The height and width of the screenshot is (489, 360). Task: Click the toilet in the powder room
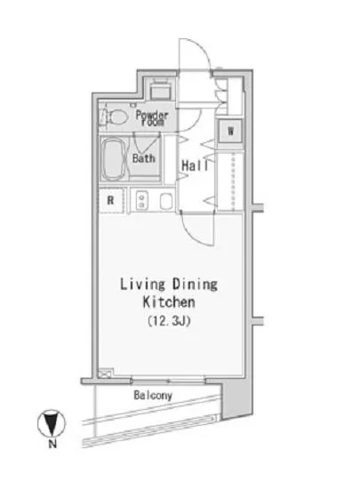tap(115, 117)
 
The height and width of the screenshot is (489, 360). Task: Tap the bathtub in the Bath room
tap(114, 159)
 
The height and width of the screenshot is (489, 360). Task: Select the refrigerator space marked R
tap(111, 201)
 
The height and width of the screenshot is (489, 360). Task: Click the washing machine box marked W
tap(230, 131)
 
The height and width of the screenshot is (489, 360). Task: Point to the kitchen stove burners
tap(142, 201)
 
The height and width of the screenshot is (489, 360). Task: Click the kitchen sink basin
tap(166, 201)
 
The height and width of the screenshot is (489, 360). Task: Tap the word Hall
tap(195, 165)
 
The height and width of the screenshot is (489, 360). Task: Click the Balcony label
tap(153, 395)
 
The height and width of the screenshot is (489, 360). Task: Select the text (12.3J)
tap(169, 321)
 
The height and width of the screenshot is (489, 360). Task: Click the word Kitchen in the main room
tap(169, 302)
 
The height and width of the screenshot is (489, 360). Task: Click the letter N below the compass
tap(52, 444)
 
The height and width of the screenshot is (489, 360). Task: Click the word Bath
tap(144, 158)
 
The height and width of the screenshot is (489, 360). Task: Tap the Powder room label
tap(152, 118)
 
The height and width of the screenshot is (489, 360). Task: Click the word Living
tap(142, 285)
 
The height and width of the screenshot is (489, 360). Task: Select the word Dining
tap(196, 285)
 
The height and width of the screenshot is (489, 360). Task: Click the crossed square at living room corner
tap(104, 374)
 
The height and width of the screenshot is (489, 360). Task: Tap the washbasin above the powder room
tap(161, 92)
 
